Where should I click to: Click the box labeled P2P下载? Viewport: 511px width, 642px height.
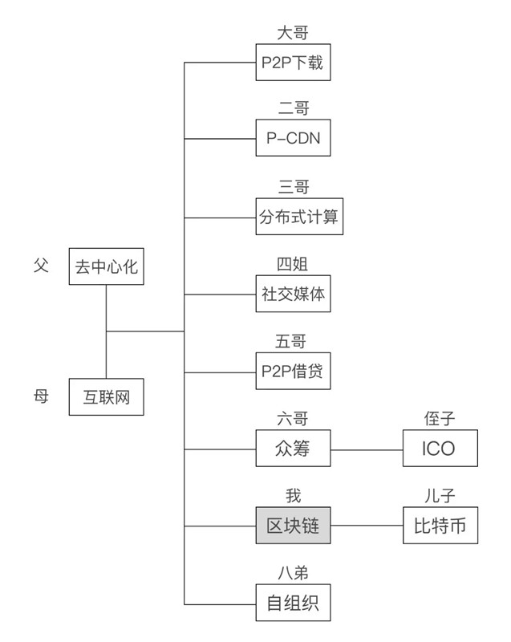[x=294, y=63]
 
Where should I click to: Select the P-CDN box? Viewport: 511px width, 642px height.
[x=294, y=138]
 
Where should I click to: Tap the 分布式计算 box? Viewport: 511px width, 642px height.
[x=300, y=217]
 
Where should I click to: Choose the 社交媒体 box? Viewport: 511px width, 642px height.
[x=294, y=294]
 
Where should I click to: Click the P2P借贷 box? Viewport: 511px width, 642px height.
[x=294, y=372]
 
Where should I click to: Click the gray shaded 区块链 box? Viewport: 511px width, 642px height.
[x=294, y=526]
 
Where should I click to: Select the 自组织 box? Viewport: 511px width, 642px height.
[x=294, y=603]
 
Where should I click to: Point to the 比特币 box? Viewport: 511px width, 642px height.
[x=440, y=526]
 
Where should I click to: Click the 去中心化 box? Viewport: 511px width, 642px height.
[x=107, y=266]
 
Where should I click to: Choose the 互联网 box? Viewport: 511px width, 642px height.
[x=107, y=396]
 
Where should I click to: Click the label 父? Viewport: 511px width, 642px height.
[x=41, y=265]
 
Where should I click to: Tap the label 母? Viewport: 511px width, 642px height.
[x=41, y=396]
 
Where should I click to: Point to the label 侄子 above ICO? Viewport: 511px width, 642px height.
[x=439, y=418]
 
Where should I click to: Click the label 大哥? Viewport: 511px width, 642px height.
[x=293, y=34]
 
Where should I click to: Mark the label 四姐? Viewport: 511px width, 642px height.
[x=293, y=265]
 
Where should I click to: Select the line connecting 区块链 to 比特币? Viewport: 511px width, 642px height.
[x=367, y=526]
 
